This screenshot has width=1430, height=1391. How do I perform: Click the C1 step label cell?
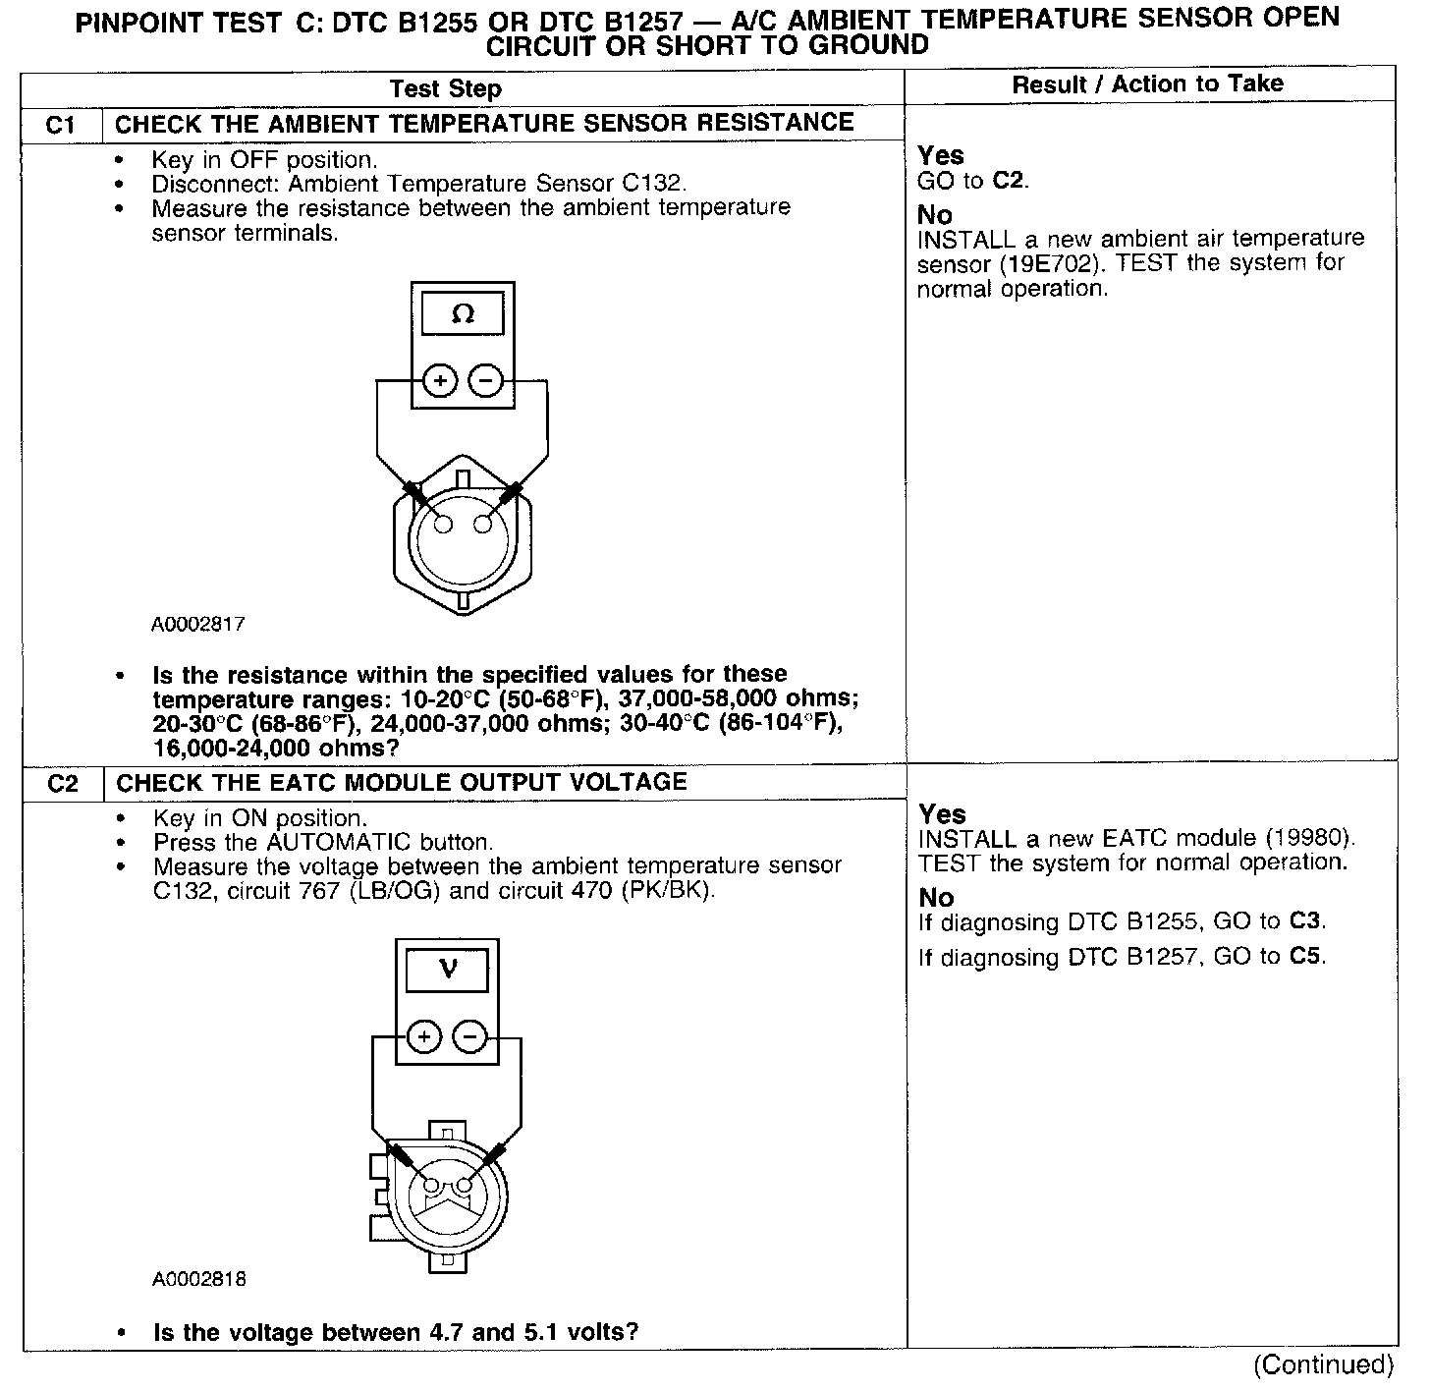(x=61, y=125)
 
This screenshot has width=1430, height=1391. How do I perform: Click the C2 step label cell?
(x=63, y=784)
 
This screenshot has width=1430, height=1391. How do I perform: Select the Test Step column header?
(x=445, y=89)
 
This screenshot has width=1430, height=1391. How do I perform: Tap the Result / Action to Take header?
(x=1147, y=84)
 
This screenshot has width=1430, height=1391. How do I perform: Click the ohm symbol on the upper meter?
(x=463, y=314)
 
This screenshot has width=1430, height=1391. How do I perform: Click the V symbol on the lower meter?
(x=448, y=971)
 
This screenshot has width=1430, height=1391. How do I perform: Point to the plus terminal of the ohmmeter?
(x=441, y=381)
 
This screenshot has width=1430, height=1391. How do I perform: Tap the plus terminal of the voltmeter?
(x=424, y=1037)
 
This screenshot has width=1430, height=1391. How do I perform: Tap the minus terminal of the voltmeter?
(x=469, y=1037)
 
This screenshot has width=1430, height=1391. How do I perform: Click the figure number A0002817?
(x=198, y=624)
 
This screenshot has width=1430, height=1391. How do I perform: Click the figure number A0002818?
(x=199, y=1279)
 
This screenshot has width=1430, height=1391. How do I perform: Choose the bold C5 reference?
(x=1306, y=957)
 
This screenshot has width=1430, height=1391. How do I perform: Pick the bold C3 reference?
(x=1305, y=922)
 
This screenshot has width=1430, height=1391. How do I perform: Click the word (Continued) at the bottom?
(x=1323, y=1364)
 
